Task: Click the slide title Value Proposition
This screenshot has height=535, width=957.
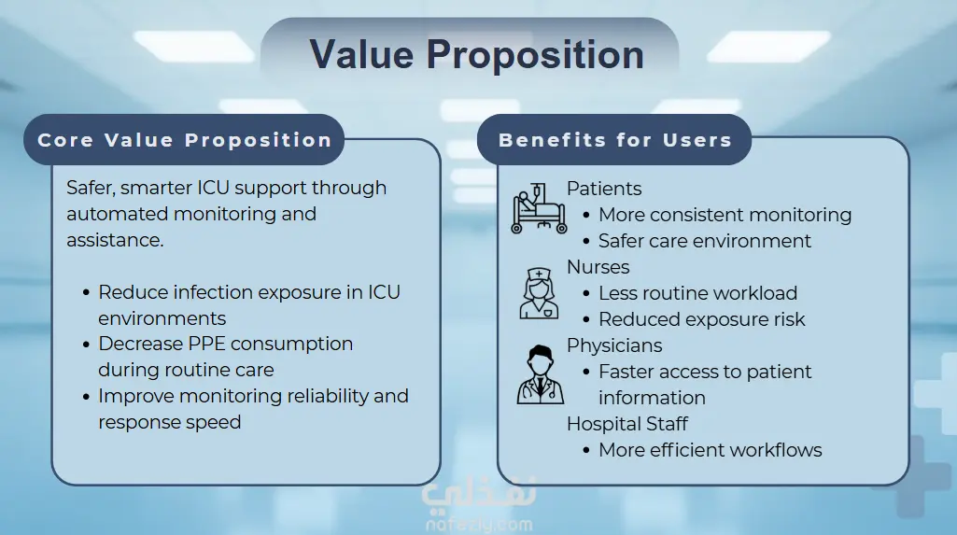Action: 477,55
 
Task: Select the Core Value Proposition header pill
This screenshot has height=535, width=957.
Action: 184,140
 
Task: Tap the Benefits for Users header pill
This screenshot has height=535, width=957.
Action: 614,140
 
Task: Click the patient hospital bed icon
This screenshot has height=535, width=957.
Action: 539,208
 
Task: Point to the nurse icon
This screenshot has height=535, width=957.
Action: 539,293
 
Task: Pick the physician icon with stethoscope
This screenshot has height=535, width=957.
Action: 541,374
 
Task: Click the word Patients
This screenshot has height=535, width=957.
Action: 604,189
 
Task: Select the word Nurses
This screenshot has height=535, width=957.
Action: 598,267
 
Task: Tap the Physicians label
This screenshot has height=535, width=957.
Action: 614,345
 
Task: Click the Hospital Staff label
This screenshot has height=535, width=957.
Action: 626,424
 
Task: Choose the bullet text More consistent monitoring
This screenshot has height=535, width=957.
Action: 725,215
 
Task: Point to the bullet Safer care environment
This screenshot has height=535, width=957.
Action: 705,241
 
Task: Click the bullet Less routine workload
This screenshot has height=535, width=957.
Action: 697,293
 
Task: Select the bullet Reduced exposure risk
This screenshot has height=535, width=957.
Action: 702,319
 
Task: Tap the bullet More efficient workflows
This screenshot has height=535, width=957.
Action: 711,450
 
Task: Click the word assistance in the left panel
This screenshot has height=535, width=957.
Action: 115,240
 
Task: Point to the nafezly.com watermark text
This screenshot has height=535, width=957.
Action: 479,524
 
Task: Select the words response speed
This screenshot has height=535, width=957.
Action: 170,423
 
